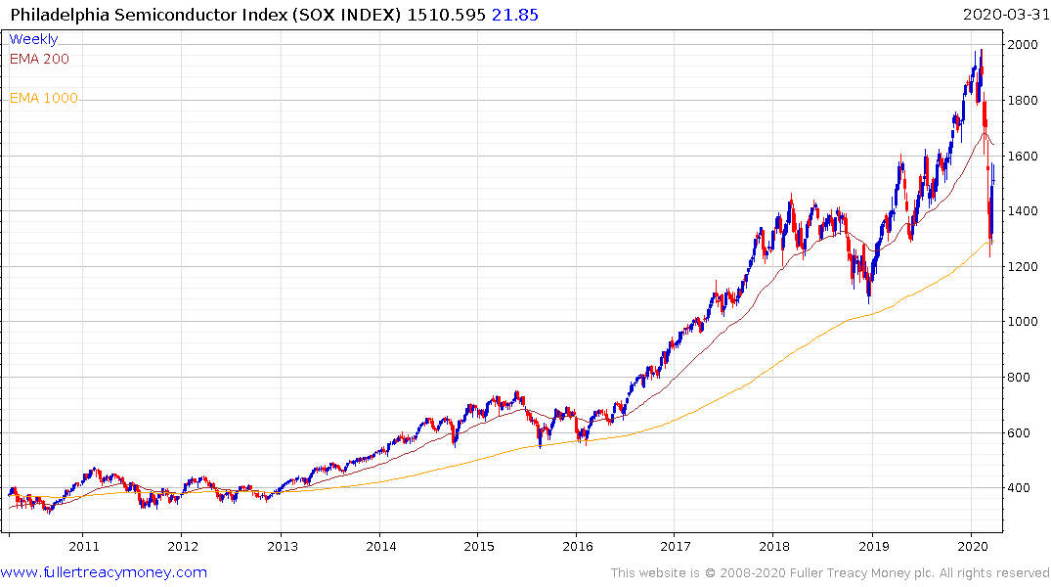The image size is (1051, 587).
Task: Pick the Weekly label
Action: coord(33,39)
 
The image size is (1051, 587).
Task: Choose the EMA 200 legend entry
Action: coord(39,59)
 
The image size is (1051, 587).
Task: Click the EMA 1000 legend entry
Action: coord(43,98)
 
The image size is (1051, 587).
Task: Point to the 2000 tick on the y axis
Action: coord(1024,45)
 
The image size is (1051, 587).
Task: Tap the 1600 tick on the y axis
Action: coord(1024,156)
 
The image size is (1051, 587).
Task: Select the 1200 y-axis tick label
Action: coord(1024,266)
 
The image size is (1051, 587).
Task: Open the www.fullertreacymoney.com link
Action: coord(104,572)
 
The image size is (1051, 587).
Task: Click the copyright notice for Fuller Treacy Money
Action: coord(830,572)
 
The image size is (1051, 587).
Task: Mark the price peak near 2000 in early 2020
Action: coord(981,50)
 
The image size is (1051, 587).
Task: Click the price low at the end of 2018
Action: coord(868,299)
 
